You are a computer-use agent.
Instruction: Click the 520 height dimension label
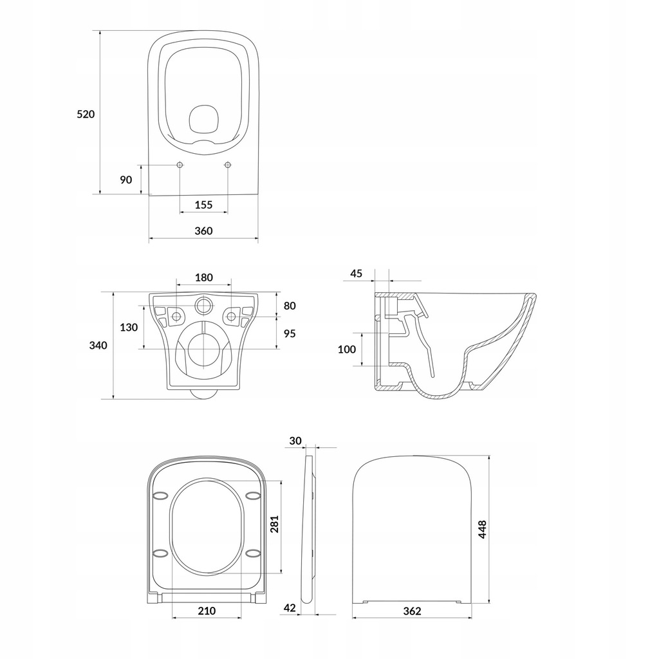[x=86, y=115]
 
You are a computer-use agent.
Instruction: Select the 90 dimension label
[x=125, y=179]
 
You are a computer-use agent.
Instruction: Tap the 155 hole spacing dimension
[x=203, y=205]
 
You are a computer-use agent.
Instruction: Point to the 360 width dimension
[x=203, y=231]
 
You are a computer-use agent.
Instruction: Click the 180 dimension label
[x=203, y=278]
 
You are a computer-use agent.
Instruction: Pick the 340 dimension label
[x=98, y=346]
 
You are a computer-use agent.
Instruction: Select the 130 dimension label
[x=129, y=327]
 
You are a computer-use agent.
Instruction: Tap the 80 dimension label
[x=290, y=306]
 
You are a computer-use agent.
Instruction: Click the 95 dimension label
[x=290, y=333]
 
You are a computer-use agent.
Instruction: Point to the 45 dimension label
[x=357, y=274]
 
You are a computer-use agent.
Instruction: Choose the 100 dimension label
[x=347, y=349]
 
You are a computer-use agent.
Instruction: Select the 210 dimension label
[x=207, y=611]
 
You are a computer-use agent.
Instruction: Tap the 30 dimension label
[x=295, y=441]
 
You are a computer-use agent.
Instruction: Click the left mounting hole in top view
[x=180, y=165]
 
